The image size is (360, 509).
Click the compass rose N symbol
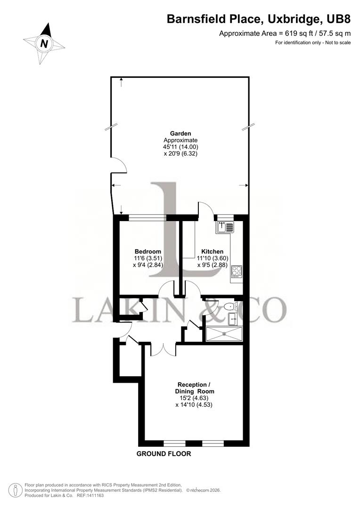click(44, 43)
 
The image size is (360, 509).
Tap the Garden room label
click(180, 133)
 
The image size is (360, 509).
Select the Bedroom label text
click(147, 251)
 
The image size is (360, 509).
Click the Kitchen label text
click(212, 251)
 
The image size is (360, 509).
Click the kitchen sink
click(225, 227)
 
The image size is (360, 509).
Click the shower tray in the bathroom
click(224, 333)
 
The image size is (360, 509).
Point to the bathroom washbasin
click(234, 319)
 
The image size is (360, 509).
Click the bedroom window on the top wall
click(147, 217)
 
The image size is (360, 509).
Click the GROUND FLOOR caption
click(164, 454)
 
